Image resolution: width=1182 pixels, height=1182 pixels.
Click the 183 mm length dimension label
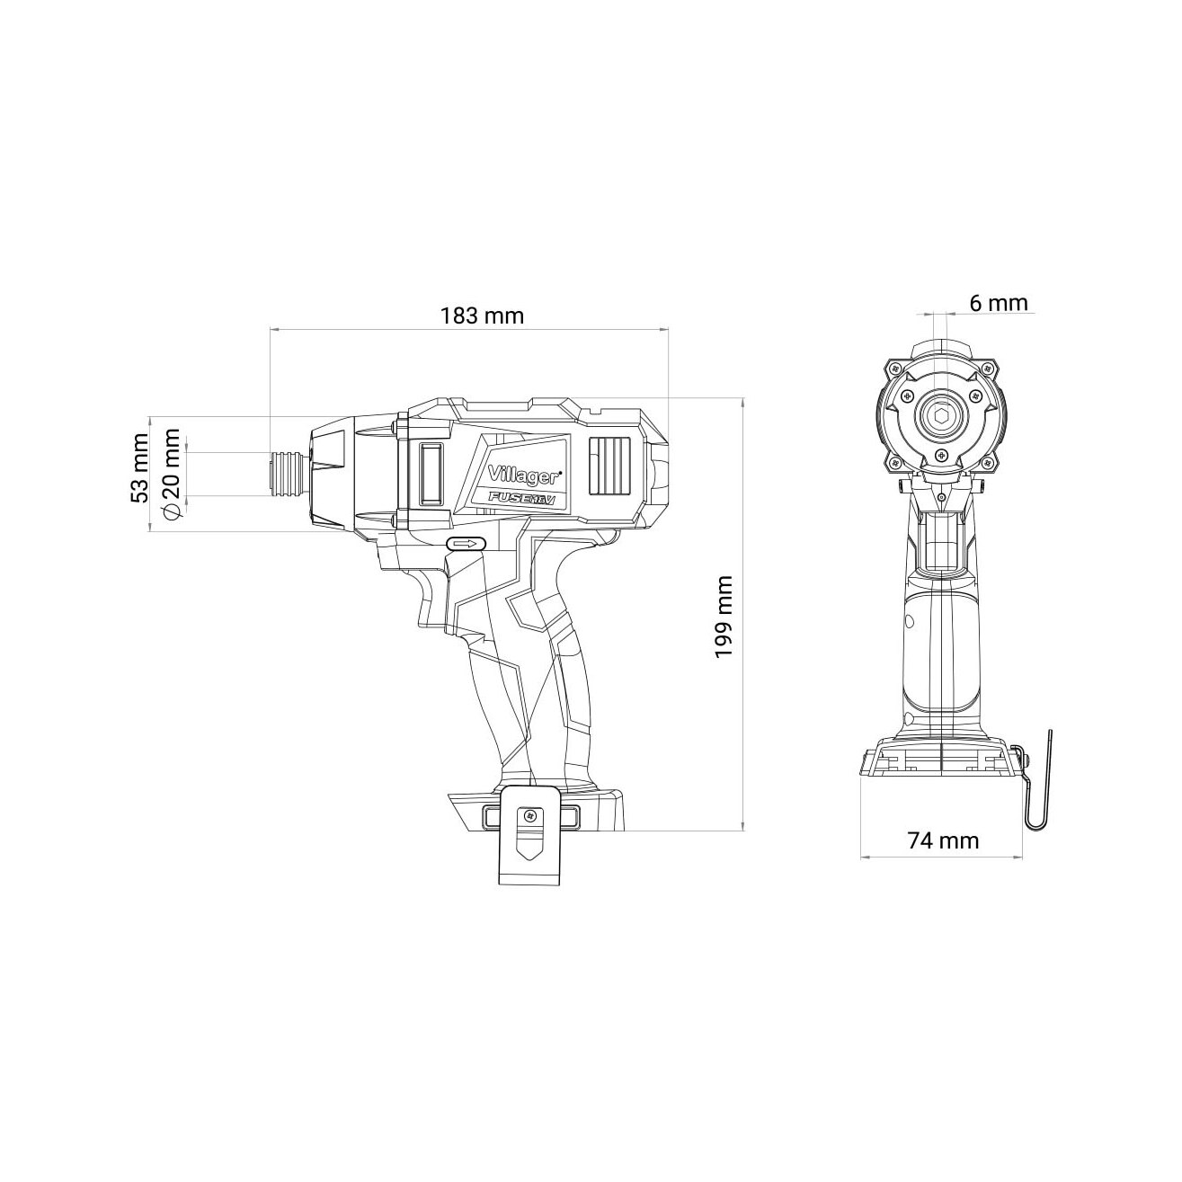[482, 315]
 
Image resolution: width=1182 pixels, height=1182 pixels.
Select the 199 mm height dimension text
[724, 618]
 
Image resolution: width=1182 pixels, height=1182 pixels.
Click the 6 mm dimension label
[998, 302]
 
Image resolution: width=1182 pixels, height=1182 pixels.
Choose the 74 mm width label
[943, 840]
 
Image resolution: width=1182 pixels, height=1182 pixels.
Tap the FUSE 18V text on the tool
[521, 500]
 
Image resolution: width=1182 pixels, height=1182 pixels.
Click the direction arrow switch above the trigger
[467, 544]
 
